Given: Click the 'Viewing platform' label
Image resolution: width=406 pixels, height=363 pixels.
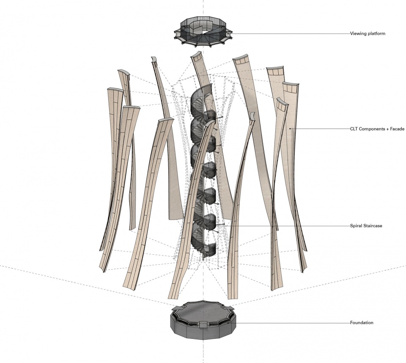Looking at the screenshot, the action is [x=368, y=33].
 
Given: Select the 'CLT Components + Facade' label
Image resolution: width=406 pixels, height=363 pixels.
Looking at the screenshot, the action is [x=377, y=129].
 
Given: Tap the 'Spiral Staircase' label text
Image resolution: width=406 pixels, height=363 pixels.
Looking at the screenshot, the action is [x=366, y=225].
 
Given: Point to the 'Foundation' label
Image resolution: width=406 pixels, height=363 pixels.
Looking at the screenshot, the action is [x=362, y=322].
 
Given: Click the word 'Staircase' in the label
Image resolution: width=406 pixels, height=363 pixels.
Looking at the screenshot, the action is [x=372, y=225].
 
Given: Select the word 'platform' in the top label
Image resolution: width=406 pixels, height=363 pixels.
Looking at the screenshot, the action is [x=376, y=33].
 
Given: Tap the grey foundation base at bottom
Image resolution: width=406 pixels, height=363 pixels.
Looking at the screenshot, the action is [x=203, y=320].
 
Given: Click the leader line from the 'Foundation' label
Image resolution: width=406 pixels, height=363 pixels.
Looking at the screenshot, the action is [x=289, y=323].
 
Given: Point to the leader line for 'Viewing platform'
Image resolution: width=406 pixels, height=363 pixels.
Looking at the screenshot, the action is [x=290, y=33].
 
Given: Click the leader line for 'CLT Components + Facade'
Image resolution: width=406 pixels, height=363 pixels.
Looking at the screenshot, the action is [x=320, y=129].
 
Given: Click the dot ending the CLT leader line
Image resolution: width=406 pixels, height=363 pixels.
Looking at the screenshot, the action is [x=290, y=129].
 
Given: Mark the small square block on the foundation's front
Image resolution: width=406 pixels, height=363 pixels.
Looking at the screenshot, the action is [x=203, y=324].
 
